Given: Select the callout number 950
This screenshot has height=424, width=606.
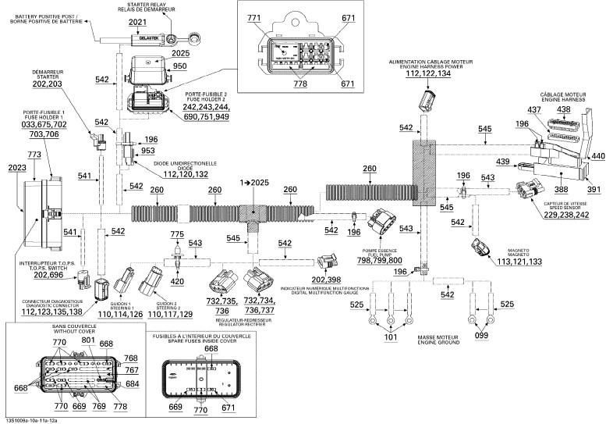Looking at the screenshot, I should (180, 67).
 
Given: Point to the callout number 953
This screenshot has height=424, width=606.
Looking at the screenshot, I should (148, 151).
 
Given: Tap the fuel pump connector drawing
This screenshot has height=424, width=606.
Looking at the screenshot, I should (388, 223).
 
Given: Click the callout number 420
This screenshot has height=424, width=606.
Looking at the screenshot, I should (177, 281).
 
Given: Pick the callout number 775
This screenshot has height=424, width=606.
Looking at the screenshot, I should (177, 234).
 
